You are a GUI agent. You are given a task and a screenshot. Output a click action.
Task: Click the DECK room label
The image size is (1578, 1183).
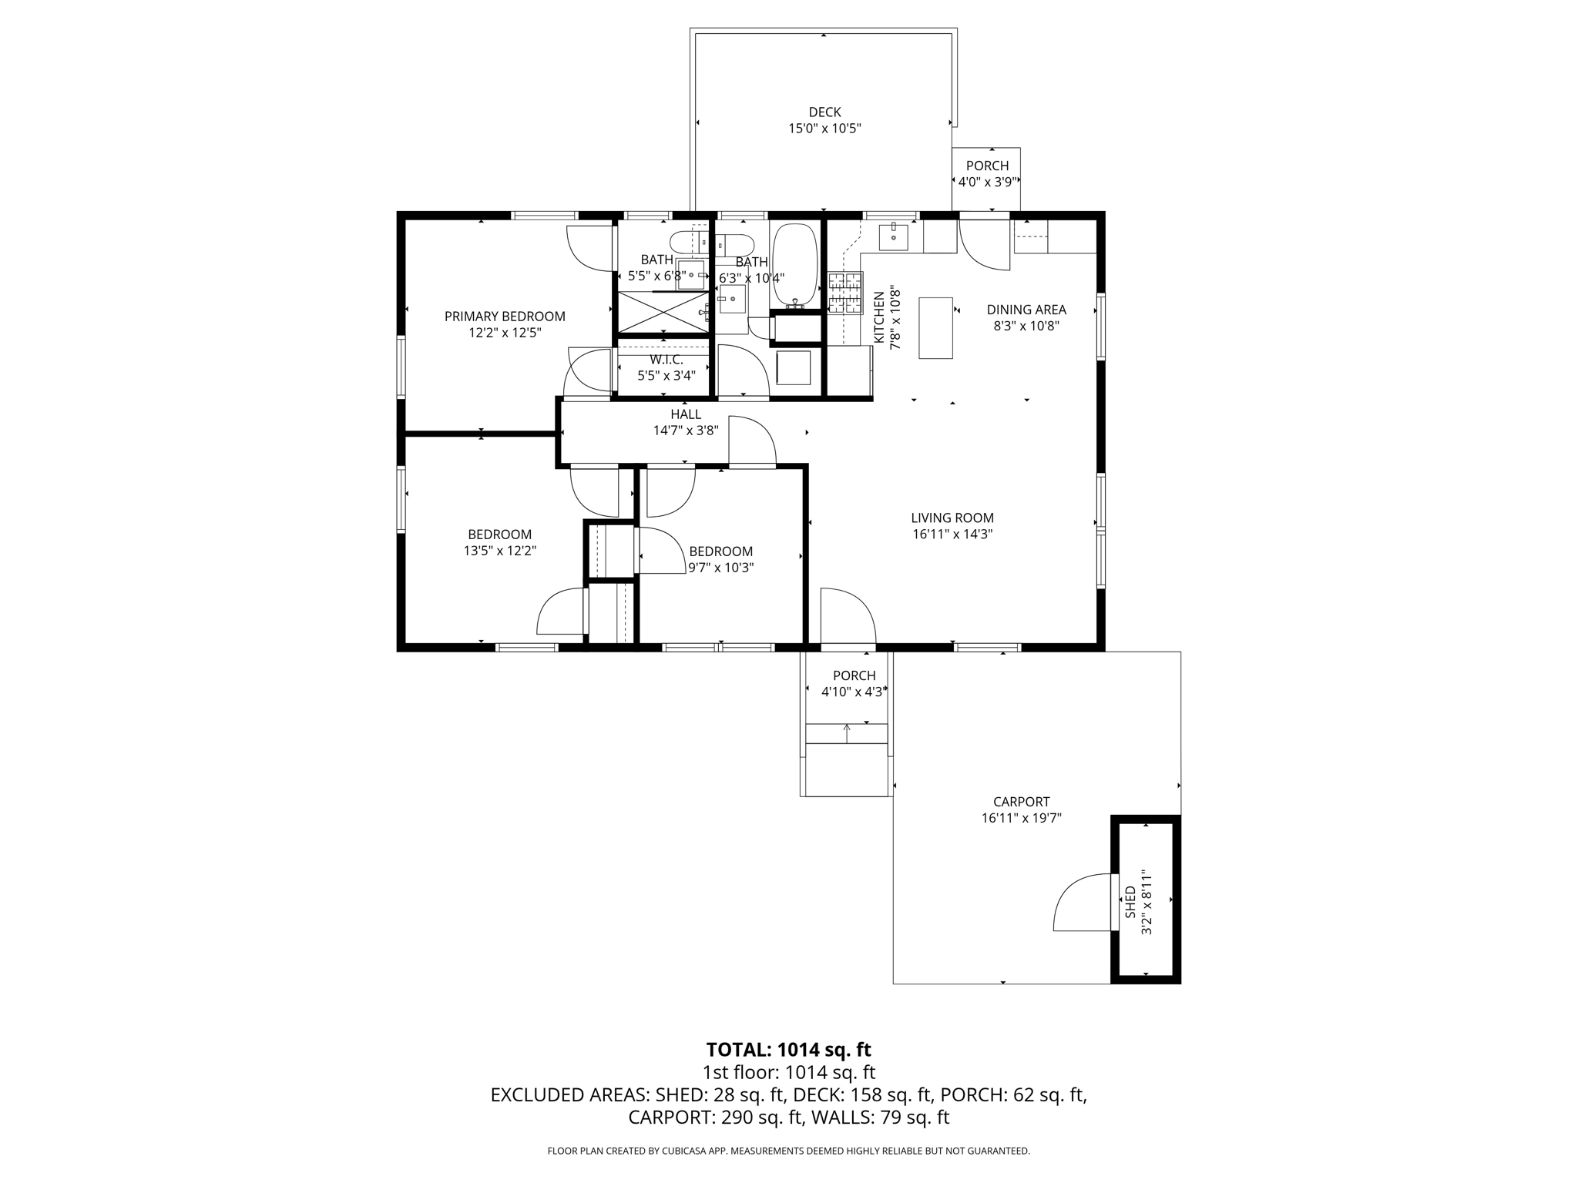point(824,112)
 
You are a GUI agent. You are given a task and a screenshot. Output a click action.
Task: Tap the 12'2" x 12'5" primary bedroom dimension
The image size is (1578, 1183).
point(505,333)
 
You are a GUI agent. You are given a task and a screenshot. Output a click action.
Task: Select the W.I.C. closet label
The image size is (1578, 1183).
point(666,360)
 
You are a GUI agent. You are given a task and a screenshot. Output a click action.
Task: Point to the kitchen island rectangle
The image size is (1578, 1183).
point(935,327)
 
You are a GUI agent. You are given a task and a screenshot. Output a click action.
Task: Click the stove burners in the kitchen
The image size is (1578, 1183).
point(845,293)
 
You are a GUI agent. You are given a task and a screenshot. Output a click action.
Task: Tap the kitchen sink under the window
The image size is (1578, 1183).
point(893,237)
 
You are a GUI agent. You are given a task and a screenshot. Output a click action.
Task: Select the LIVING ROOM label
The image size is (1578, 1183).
point(952,518)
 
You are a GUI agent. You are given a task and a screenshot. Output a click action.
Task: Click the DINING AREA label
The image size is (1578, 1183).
point(1026,310)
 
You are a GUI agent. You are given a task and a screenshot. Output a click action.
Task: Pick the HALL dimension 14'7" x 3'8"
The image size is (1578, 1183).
point(686,431)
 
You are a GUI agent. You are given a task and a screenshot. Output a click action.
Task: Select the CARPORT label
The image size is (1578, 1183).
point(1021,802)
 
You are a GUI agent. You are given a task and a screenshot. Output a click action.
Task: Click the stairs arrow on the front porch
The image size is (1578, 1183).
point(847,732)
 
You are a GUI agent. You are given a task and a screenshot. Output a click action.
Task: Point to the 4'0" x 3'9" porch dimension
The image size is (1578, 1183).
point(987,183)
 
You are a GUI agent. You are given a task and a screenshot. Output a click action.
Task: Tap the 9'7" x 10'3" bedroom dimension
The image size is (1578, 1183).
point(720,568)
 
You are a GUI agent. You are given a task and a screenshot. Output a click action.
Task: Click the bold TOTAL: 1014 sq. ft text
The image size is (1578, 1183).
point(788,1050)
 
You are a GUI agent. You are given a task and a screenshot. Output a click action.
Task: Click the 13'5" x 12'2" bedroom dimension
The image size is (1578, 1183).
point(499,551)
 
